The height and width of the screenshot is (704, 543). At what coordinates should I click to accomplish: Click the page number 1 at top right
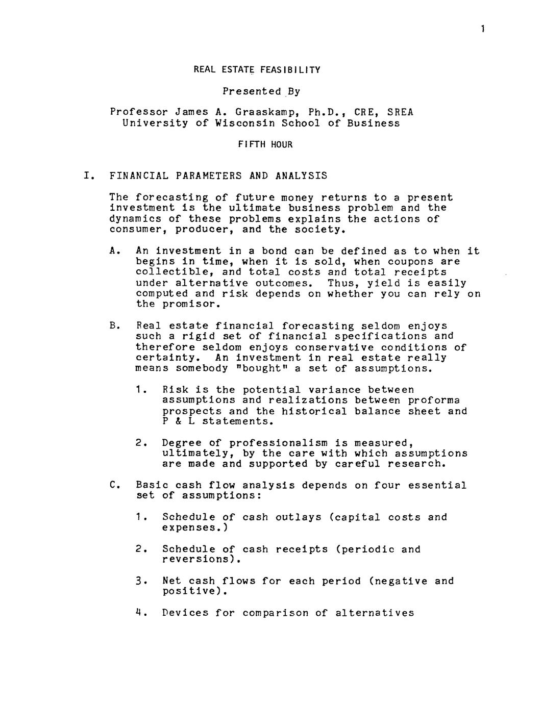pos(482,30)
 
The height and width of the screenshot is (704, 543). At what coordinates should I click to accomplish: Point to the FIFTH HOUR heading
pos(265,144)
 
